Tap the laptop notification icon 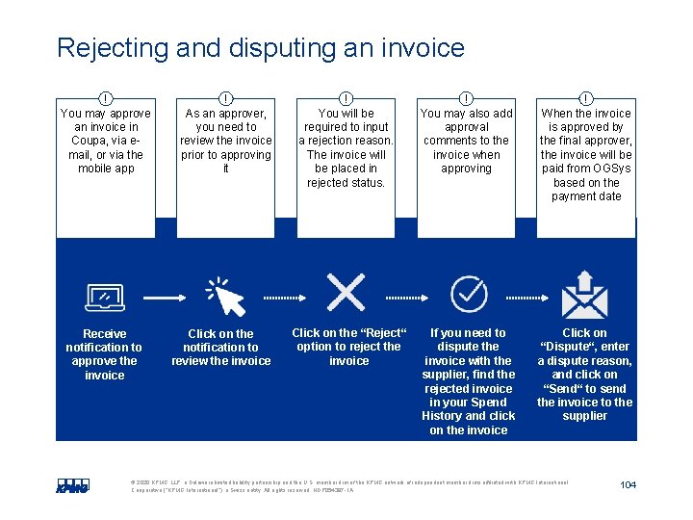(104, 297)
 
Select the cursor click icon (225, 296)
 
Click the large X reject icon (346, 291)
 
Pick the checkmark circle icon (469, 293)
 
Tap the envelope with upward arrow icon (584, 294)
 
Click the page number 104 (628, 484)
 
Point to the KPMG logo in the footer (72, 485)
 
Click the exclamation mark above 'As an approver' (225, 97)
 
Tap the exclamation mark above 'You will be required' (346, 97)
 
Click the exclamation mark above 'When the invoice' (586, 97)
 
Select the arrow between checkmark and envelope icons (526, 294)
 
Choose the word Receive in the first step (104, 334)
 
